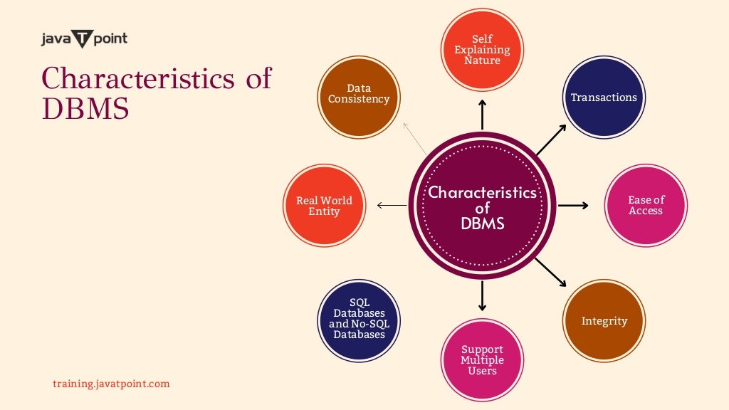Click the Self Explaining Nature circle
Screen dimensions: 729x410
point(482,50)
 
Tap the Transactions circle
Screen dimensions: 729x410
point(604,98)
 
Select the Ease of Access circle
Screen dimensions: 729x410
point(646,206)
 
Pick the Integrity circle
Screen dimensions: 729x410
point(604,320)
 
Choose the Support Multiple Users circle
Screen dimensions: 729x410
point(482,359)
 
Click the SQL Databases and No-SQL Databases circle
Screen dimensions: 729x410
point(359,320)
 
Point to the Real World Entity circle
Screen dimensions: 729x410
point(324,206)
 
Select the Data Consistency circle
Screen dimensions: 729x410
point(359,96)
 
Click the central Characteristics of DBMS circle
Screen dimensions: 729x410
point(482,206)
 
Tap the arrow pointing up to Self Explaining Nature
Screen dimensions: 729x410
point(482,114)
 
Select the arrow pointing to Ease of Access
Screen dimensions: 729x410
point(573,206)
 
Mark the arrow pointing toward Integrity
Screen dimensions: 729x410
point(550,272)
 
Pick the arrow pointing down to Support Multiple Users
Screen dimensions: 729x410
point(482,295)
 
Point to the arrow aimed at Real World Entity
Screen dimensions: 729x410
point(391,206)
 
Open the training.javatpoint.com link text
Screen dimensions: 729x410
point(111,384)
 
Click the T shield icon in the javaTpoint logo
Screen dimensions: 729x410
point(83,39)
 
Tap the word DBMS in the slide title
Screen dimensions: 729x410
point(85,108)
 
